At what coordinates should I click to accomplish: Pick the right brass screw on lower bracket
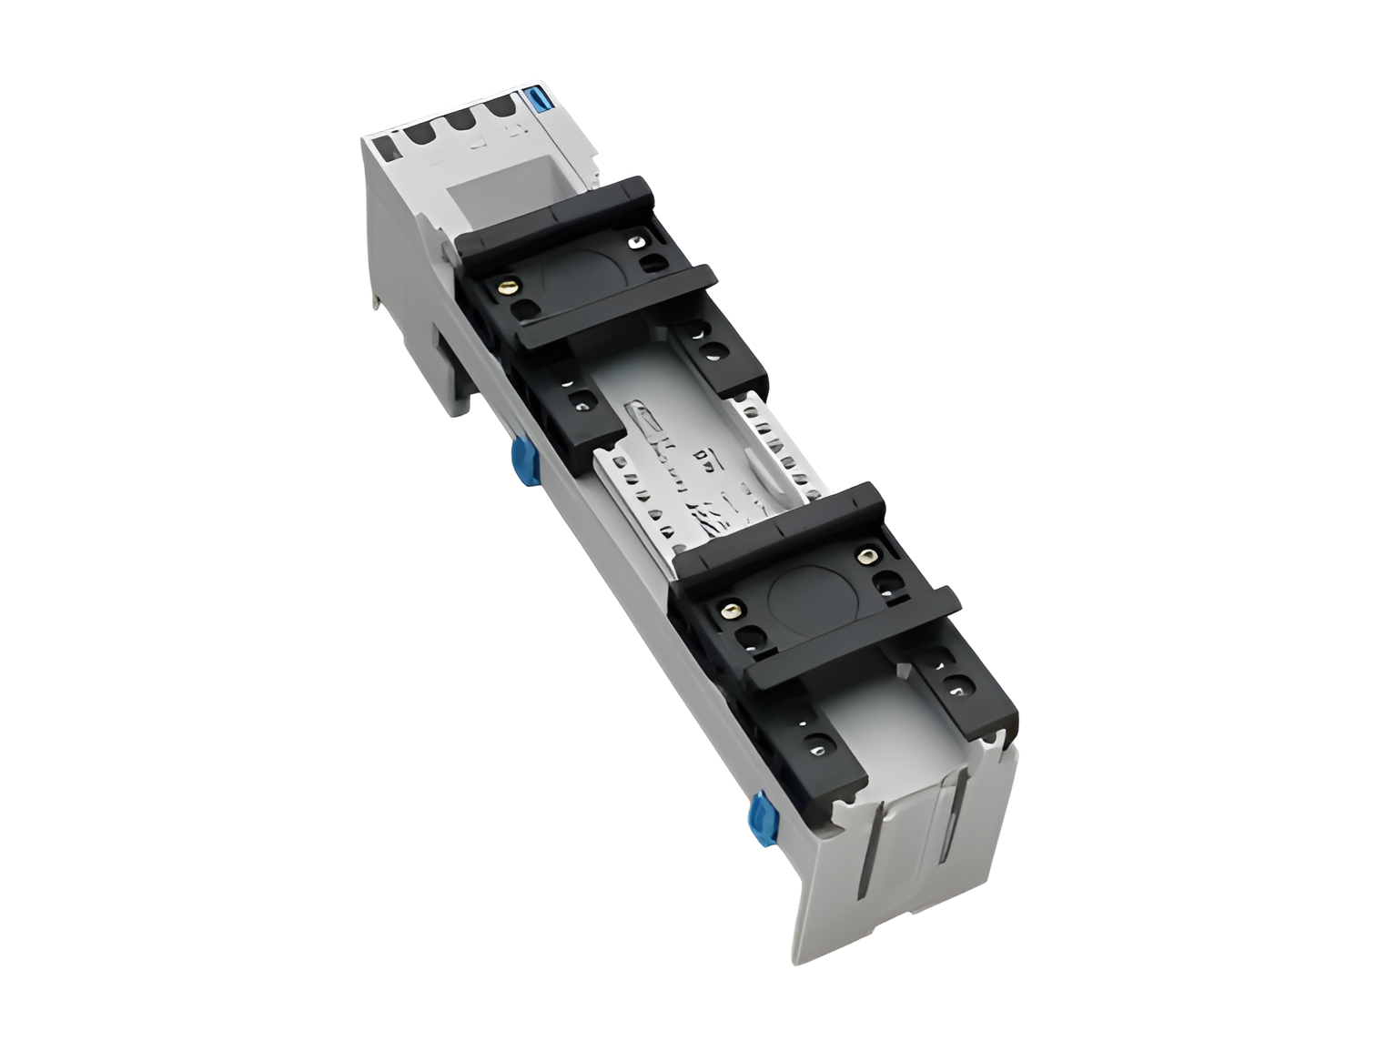[x=865, y=556]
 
